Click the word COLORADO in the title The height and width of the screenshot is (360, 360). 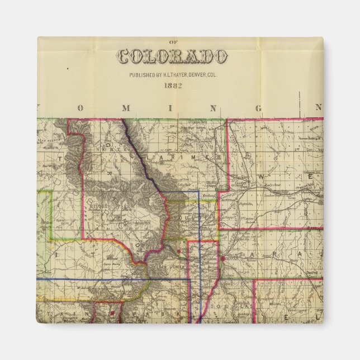[x=172, y=57]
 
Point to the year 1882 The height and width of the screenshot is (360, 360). [x=172, y=86]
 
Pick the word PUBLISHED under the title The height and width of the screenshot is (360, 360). [x=143, y=74]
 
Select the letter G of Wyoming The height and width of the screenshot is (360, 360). [x=258, y=108]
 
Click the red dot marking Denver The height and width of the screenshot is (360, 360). [x=223, y=259]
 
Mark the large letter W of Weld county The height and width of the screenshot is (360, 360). [x=264, y=177]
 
